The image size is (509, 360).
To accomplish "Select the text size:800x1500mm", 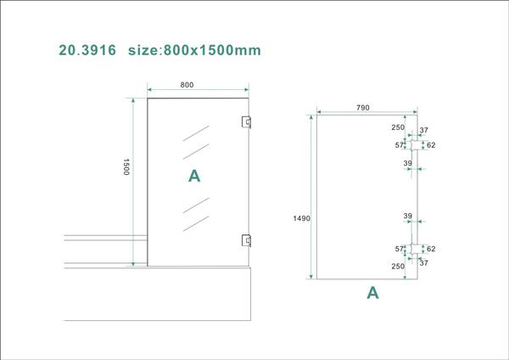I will click(x=193, y=50).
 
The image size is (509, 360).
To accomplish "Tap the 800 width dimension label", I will click(x=187, y=85).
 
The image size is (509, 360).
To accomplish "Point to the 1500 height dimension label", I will click(x=126, y=166).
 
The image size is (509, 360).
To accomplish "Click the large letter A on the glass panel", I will click(x=194, y=176).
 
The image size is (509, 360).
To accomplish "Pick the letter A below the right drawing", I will click(x=372, y=293).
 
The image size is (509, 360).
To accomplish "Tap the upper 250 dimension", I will click(x=398, y=127).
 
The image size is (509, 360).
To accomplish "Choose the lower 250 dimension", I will click(x=398, y=266).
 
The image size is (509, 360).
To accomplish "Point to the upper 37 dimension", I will click(x=424, y=130).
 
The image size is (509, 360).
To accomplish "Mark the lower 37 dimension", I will click(x=424, y=263).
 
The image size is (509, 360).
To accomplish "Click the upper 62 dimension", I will click(x=431, y=145).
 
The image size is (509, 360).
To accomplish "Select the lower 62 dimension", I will click(x=431, y=249).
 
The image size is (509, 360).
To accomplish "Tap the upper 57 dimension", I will click(x=400, y=145).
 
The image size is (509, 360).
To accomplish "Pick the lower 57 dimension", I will click(x=400, y=249).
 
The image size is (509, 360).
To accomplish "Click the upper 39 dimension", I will click(x=407, y=163).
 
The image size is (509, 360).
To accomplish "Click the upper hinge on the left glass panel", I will click(x=246, y=122).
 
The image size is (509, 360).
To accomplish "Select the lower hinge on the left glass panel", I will click(x=246, y=239).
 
